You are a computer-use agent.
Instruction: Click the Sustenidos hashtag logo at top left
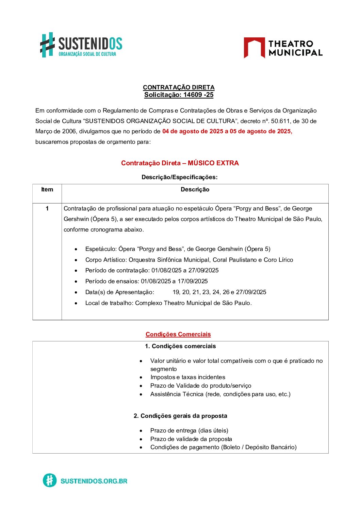point(48,45)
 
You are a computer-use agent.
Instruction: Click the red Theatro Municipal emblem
point(254,48)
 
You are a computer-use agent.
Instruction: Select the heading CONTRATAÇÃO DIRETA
point(179,87)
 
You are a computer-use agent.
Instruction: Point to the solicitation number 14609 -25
point(198,95)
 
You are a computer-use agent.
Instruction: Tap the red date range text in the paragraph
point(227,131)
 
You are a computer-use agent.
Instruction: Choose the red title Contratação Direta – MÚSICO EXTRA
point(180,163)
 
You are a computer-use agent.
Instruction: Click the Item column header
point(47,189)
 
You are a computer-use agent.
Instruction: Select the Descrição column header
point(195,189)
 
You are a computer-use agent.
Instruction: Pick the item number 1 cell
point(47,208)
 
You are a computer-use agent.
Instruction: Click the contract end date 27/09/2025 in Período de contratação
point(203,270)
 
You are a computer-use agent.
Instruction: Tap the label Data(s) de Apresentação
point(119,292)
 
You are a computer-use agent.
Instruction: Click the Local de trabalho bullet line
point(168,303)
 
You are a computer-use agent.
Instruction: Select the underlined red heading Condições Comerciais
point(178,334)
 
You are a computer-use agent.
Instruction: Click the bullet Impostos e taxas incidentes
point(188,377)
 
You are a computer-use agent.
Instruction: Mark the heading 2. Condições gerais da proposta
point(180,416)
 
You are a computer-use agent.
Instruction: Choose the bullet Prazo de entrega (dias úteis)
point(189,430)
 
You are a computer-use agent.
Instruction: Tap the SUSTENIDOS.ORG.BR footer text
point(94,481)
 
